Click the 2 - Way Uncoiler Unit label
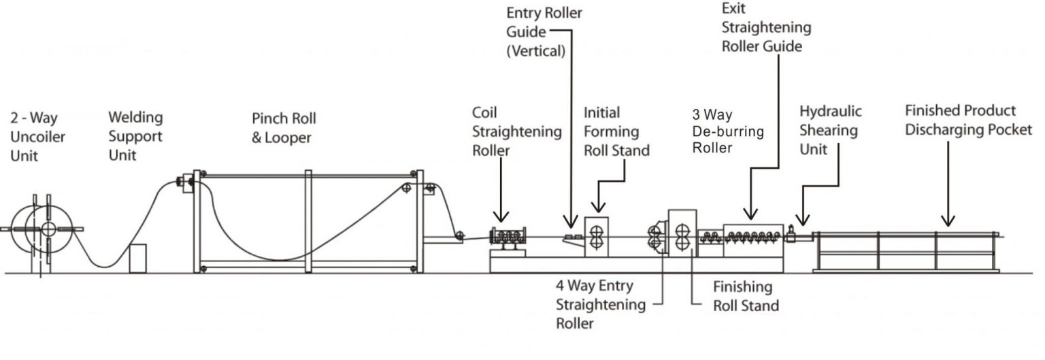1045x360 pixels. coord(37,136)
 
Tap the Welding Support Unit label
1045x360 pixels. coord(135,136)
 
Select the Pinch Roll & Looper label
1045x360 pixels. coord(284,128)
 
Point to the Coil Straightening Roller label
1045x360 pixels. coord(517,131)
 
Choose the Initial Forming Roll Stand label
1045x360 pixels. coord(616,131)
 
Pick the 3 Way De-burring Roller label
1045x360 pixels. coord(727,131)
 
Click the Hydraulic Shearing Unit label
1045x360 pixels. coord(830,129)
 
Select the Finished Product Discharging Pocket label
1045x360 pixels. coord(968,120)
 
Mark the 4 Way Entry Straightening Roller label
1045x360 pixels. coord(599,304)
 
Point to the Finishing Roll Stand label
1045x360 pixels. coord(745,296)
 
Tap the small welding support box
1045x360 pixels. coord(137,259)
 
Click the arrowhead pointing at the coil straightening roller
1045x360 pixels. coord(501,218)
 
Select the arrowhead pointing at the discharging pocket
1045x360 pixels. coord(947,220)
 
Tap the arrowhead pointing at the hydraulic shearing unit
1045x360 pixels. coord(803,220)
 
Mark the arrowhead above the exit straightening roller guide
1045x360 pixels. coord(751,215)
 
